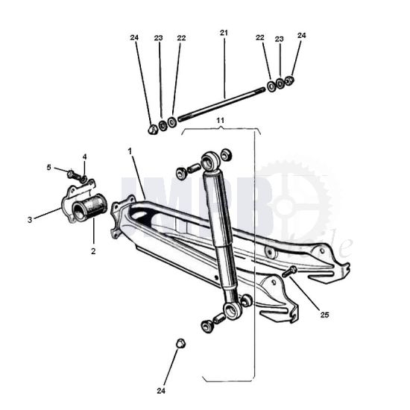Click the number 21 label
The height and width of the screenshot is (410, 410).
tap(224, 33)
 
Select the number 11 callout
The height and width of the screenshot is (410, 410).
tap(220, 119)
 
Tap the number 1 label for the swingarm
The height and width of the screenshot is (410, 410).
tap(130, 151)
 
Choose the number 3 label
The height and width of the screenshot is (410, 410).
tap(30, 220)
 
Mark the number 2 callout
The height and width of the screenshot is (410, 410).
tap(93, 251)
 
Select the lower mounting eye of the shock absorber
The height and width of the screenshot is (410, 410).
tap(233, 307)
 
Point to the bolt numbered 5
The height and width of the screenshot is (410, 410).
tap(73, 174)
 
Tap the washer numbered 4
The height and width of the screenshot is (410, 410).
tap(83, 179)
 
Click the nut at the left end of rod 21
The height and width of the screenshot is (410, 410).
tap(152, 129)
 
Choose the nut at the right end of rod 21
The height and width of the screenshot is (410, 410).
tap(290, 81)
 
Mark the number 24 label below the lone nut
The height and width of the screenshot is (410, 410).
tap(161, 391)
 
